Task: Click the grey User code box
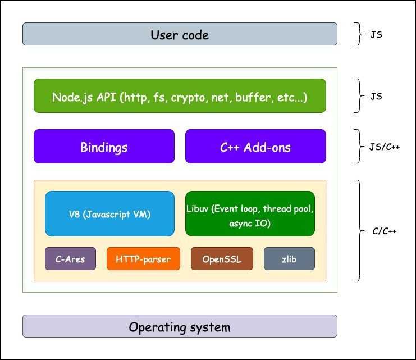pos(180,34)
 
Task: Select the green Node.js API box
pos(180,96)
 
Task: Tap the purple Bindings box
pos(104,147)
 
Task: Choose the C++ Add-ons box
pos(255,147)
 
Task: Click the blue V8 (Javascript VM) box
pos(109,213)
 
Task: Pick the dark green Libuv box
pos(250,213)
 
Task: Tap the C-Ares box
pos(70,259)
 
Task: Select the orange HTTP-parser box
pos(143,259)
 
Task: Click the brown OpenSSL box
pos(222,259)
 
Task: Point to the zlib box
pos(289,259)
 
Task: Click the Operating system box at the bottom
pos(180,326)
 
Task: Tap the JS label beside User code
pos(376,34)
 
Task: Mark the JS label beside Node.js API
pos(376,96)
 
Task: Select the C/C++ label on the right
pos(385,231)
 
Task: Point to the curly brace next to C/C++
pos(357,230)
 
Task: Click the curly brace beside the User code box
pos(357,34)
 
